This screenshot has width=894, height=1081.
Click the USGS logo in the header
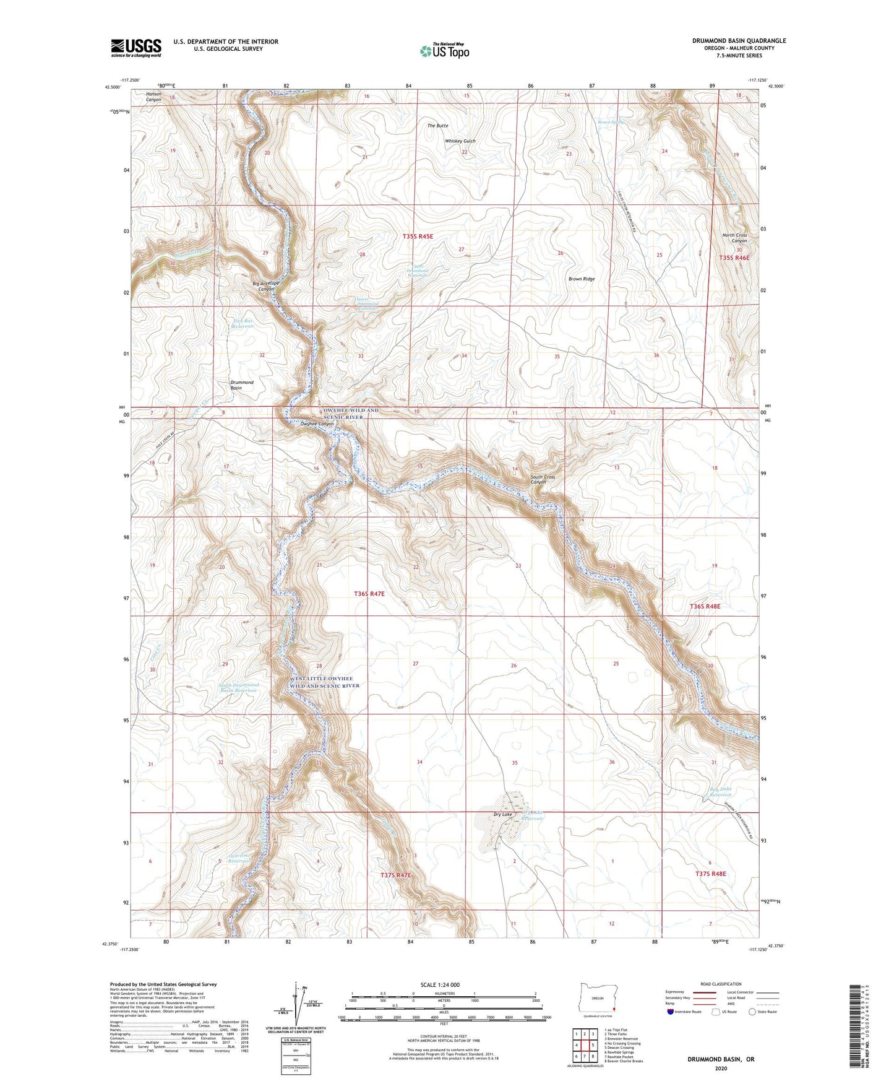coord(136,47)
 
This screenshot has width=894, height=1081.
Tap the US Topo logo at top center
coord(444,51)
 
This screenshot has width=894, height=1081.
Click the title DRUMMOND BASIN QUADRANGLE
coord(739,41)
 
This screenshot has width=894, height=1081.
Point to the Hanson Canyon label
coord(153,97)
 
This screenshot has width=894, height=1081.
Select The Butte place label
coord(437,126)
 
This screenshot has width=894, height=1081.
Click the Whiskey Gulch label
coord(460,141)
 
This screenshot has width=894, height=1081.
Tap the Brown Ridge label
coord(581,279)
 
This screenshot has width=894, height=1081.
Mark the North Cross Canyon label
coord(734,238)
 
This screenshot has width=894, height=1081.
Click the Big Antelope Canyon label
coord(266,287)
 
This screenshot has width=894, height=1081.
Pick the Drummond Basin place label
coord(242,385)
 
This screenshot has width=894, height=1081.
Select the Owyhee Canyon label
coord(317,424)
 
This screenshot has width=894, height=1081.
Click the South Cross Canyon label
coord(543,479)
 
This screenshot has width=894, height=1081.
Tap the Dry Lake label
coord(502,814)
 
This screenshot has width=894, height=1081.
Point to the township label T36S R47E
coord(369,594)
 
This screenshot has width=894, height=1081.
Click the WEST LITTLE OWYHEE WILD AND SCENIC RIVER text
coord(325,682)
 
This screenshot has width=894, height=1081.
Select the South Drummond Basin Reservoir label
coord(238,688)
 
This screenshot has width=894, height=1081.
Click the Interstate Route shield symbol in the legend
coord(671,1012)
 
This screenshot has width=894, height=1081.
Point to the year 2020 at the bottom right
coord(721,1068)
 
